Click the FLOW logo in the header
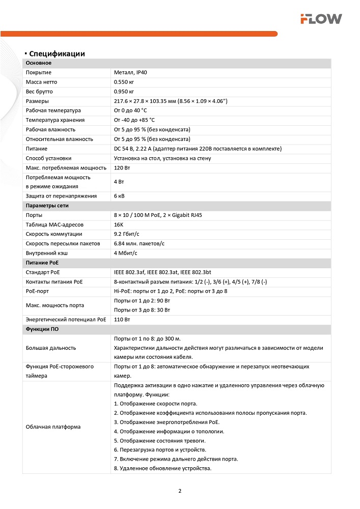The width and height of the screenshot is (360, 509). coord(321,19)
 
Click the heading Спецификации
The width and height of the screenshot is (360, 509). coord(57,54)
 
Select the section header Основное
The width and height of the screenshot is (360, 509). coord(39,63)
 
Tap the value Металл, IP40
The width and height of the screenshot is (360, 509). coord(130,73)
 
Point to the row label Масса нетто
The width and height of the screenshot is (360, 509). coord(42,82)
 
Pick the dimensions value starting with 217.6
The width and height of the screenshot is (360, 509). coord(171,101)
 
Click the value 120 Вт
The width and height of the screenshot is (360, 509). coord(122,167)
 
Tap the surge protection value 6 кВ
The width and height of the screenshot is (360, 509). coord(120,196)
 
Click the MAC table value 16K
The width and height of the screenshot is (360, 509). coord(118,224)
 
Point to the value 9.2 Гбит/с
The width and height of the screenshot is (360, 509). coord(127,234)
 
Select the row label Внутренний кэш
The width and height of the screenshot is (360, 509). coord(47,253)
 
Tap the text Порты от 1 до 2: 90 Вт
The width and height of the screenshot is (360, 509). coord(142,300)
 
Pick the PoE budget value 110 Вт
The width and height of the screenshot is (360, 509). coord(122,320)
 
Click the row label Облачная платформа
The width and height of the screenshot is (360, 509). coord(53,427)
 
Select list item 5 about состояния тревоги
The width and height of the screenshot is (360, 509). coord(160,440)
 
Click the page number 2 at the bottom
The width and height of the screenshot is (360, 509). coord(180,491)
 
